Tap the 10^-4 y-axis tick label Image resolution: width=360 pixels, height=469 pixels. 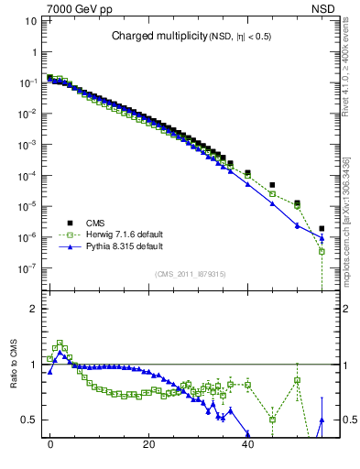pyautogui.click(x=28, y=176)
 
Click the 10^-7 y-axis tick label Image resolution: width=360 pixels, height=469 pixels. pyautogui.click(x=28, y=268)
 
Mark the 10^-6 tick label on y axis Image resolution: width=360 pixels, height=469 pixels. pyautogui.click(x=28, y=237)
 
